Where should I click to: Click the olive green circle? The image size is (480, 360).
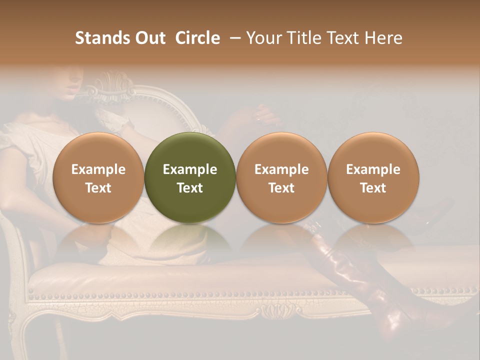pos(190,177)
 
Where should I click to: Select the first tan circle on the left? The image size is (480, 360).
pos(98,177)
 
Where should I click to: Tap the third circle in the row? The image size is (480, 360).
pos(281,177)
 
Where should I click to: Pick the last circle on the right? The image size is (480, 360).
pos(373,177)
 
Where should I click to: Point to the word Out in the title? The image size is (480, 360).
pos(148,38)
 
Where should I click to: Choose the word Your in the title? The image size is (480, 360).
pos(262,38)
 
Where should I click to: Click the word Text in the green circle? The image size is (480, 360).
pos(190,188)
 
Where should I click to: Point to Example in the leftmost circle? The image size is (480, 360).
pos(98,169)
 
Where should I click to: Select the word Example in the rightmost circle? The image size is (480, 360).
pos(373,169)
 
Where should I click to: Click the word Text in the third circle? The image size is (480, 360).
pos(281,188)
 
